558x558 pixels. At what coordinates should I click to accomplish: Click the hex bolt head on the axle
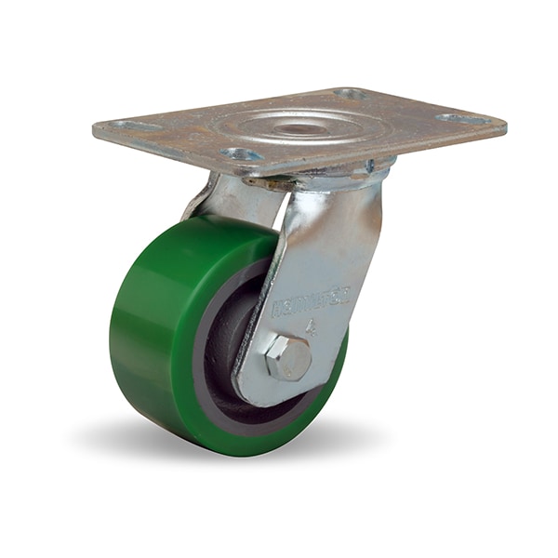(288, 357)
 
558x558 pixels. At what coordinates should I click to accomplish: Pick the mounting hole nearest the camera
(241, 153)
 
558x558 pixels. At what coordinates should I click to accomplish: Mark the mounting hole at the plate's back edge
(351, 94)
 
